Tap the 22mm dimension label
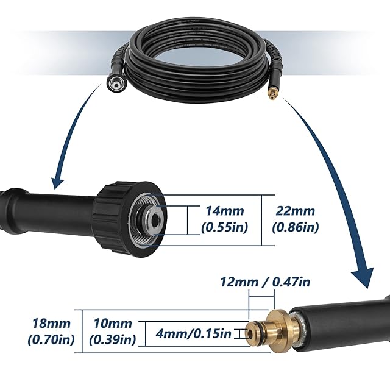296,212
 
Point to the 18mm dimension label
52,324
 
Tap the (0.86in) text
296,228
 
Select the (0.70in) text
52,340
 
